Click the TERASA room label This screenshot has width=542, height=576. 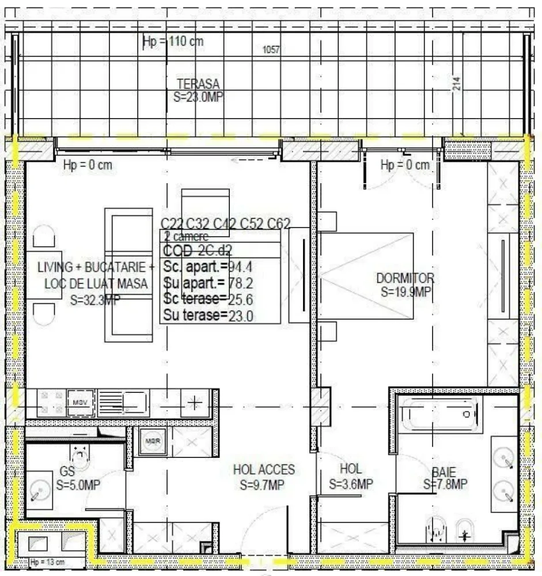coord(198,84)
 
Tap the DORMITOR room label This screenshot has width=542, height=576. coord(405,279)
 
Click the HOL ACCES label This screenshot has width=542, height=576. coord(264,470)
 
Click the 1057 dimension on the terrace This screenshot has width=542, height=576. coord(271,50)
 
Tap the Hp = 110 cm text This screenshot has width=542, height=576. coord(173,41)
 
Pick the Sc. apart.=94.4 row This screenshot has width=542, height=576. coord(209,267)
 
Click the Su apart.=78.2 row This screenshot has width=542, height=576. coord(209,283)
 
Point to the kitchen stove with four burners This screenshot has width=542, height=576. coord(51,402)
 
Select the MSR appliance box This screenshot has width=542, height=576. coord(152,442)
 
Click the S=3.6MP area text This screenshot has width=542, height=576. coord(351,485)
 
